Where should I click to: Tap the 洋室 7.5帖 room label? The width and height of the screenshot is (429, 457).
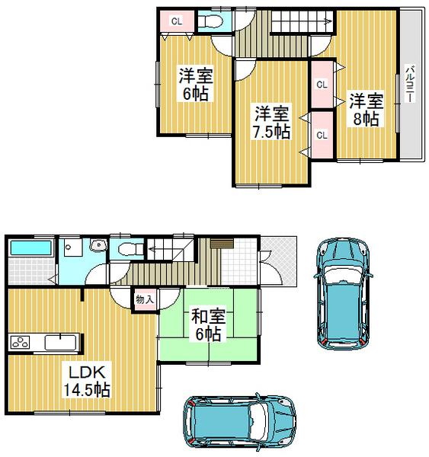coord(271,122)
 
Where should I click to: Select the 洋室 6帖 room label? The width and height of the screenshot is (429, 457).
coord(195,85)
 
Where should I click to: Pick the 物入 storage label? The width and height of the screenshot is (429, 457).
coord(144,299)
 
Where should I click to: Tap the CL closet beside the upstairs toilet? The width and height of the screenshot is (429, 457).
coord(176,21)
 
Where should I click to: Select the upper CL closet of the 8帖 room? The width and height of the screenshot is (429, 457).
coord(322,84)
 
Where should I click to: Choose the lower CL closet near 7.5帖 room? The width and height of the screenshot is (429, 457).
coord(322,135)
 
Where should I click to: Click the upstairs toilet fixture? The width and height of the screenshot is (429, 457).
coord(213,22)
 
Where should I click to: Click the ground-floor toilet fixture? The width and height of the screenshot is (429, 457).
coord(126,249)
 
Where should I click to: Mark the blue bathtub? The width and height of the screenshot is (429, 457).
coord(30,248)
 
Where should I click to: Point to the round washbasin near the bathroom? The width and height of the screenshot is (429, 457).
coord(97,245)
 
